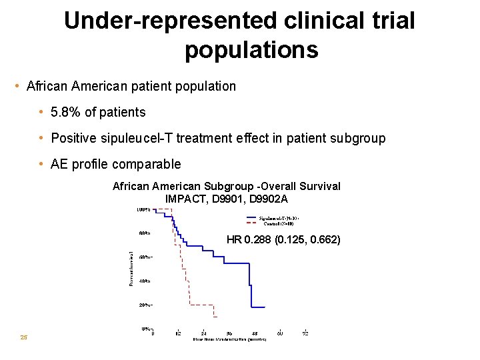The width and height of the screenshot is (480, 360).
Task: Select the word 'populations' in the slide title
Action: pyautogui.click(x=251, y=49)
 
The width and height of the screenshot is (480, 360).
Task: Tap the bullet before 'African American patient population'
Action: pyautogui.click(x=17, y=87)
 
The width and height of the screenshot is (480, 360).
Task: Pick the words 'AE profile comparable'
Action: pyautogui.click(x=115, y=164)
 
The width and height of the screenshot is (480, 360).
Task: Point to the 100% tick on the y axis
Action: pyautogui.click(x=143, y=210)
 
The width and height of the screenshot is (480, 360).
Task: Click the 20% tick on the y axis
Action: pyautogui.click(x=144, y=305)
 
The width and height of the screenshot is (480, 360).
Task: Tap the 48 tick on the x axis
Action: pyautogui.click(x=254, y=333)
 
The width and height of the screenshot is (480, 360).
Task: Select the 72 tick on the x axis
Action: pyautogui.click(x=305, y=333)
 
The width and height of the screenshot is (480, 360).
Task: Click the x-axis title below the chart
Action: pyautogui.click(x=229, y=340)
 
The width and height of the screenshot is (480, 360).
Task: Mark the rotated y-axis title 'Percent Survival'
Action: pyautogui.click(x=131, y=269)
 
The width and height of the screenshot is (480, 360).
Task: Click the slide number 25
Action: pyautogui.click(x=24, y=337)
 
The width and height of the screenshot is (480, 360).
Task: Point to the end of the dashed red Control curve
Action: pyautogui.click(x=214, y=317)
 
